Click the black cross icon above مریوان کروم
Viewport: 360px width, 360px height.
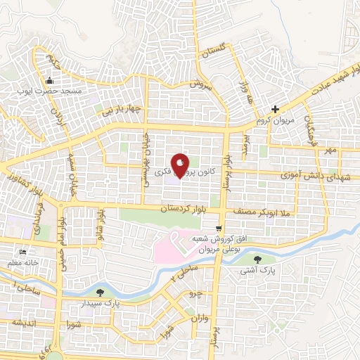click(275, 109)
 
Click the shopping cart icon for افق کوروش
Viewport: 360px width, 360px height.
click(220, 228)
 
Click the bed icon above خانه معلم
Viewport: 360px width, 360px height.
click(23, 252)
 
